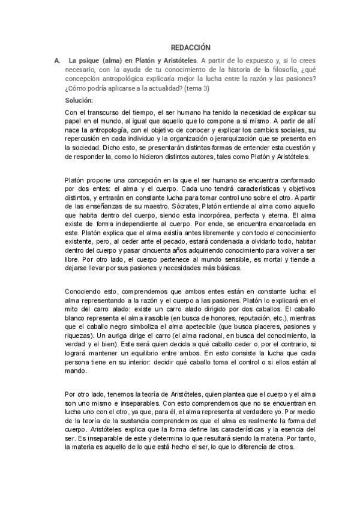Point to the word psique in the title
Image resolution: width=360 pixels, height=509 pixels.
(x=93, y=61)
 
